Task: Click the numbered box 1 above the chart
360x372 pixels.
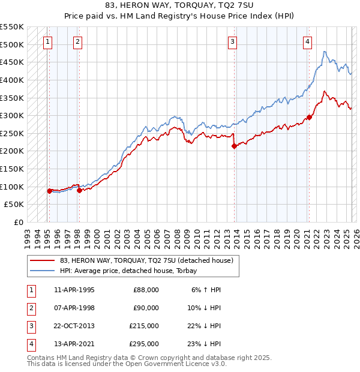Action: coord(47,42)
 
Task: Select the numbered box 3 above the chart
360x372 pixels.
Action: coord(232,42)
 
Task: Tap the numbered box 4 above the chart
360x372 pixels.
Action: coord(307,42)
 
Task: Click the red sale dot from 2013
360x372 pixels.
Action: coord(235,146)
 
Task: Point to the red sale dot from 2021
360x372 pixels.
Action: coord(309,117)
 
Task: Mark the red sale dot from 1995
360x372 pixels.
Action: coord(50,191)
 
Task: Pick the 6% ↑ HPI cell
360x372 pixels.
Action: coord(206,289)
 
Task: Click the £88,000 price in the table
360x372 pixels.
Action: coord(146,289)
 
